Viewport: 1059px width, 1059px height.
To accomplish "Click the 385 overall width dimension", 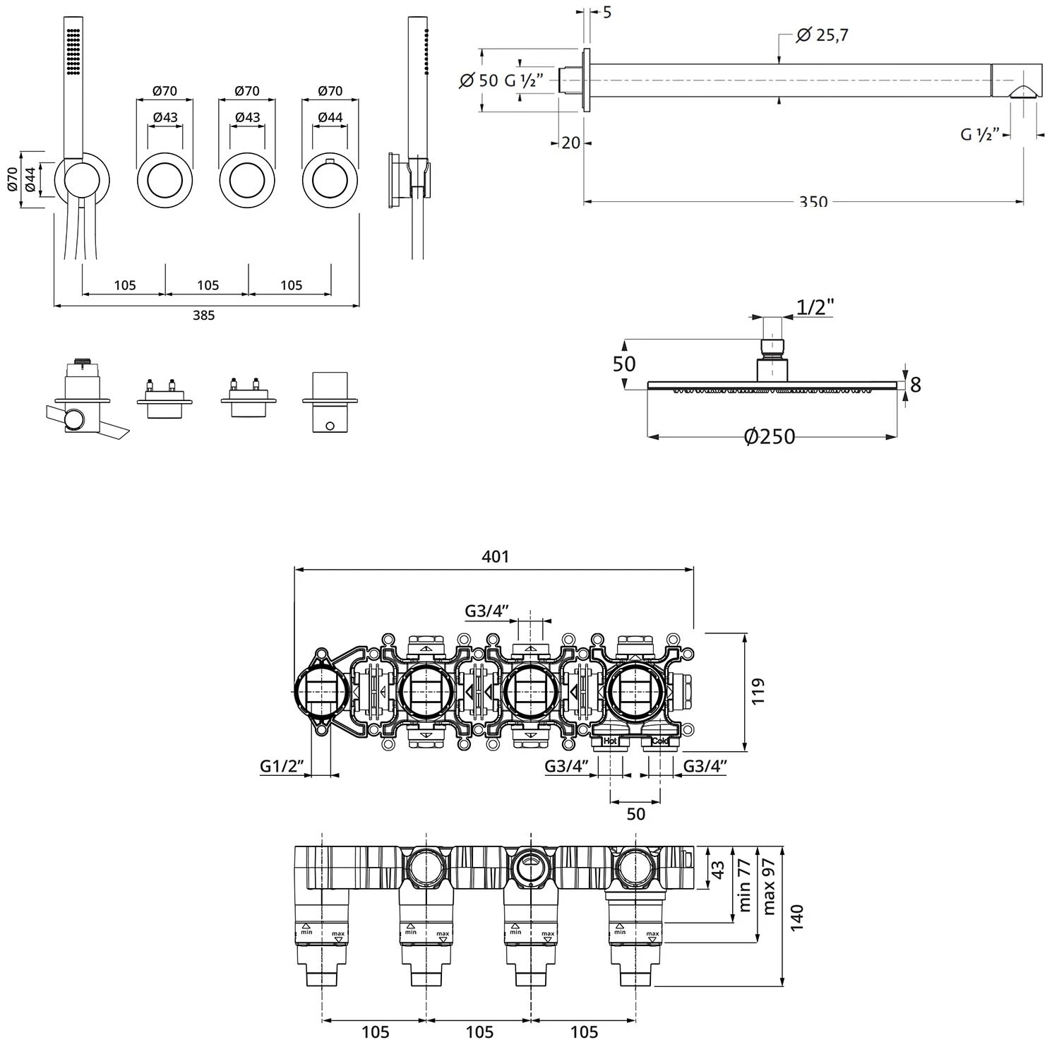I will (203, 316).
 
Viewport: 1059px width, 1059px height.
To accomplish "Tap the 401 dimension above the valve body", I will (495, 556).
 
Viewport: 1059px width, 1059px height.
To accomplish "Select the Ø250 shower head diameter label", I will (770, 437).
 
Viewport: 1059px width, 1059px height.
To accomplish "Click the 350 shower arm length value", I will (813, 202).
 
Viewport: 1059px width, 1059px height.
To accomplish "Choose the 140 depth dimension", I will (797, 918).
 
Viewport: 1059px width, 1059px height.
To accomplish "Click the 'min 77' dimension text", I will (743, 885).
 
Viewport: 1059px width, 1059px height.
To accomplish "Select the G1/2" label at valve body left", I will (282, 765).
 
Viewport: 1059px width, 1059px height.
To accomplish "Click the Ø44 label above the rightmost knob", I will (330, 117).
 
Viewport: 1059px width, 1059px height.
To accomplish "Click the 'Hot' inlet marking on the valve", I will (610, 741).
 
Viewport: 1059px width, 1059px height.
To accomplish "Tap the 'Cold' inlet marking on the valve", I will (660, 741).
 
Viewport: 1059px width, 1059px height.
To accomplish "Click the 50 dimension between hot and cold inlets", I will (635, 813).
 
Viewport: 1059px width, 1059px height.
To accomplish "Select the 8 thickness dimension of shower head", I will (915, 385).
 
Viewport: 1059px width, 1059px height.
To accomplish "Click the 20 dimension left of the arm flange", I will (570, 143).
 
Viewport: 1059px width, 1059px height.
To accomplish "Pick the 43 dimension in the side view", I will (717, 868).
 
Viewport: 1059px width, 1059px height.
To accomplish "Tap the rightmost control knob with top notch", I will (330, 180).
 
